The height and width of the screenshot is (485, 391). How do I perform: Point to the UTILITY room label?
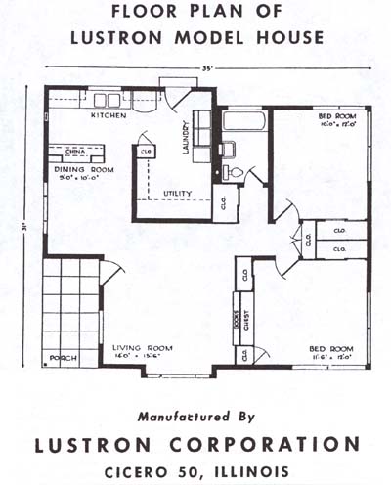coord(177,193)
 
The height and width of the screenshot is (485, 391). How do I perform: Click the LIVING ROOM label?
coord(136,346)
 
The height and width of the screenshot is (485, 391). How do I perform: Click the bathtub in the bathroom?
coord(243,122)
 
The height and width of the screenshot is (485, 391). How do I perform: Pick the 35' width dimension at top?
coord(207,66)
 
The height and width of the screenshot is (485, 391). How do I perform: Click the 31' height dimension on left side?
coord(26,231)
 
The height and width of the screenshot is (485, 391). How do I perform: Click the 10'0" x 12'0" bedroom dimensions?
coord(334,124)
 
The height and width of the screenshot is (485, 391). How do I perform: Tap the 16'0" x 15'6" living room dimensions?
coord(136,355)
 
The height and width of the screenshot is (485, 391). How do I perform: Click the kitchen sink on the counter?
coord(107,100)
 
